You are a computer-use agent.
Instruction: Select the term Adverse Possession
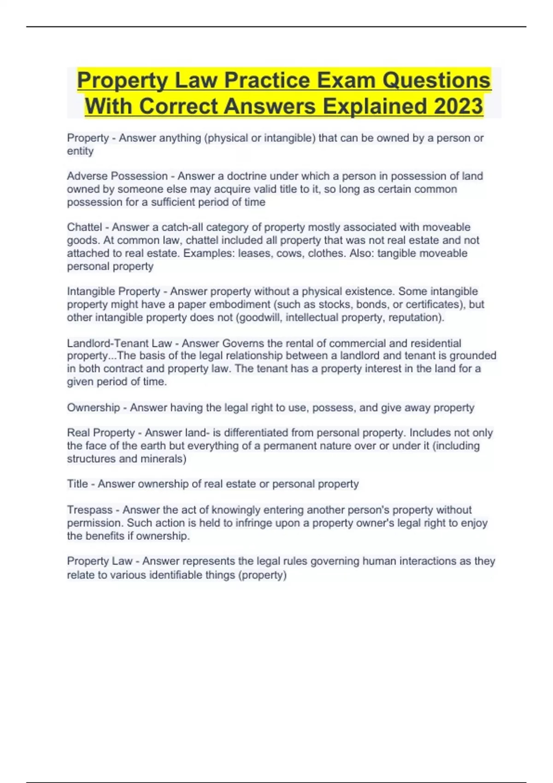(x=117, y=176)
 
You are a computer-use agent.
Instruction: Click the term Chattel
(x=84, y=227)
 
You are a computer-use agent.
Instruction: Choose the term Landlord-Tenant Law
(x=119, y=343)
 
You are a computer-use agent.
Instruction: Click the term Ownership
(x=93, y=408)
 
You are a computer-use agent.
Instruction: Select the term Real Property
(x=101, y=433)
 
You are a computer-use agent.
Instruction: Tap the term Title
(x=77, y=484)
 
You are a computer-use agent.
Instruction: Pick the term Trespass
(x=89, y=510)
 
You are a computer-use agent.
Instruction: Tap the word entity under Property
(x=80, y=151)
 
